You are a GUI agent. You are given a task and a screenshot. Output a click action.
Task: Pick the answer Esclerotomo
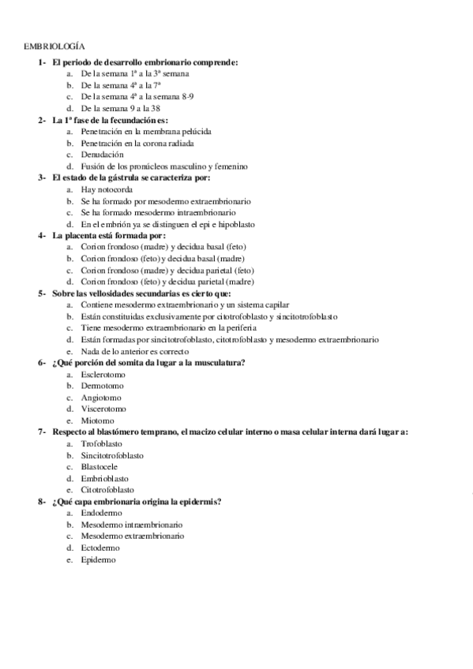pos(103,374)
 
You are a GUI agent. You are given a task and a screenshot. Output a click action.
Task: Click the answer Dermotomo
pos(101,386)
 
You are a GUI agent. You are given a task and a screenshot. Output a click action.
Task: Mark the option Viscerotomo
pos(103,409)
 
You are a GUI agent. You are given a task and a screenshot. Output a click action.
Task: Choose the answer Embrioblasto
pos(104,478)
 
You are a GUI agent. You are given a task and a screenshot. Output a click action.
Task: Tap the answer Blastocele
pos(100,467)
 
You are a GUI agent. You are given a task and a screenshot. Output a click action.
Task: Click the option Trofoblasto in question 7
pos(101,444)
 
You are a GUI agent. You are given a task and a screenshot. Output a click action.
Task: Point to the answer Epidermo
pos(98,559)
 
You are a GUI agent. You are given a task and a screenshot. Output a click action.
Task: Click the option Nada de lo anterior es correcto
pos(135,351)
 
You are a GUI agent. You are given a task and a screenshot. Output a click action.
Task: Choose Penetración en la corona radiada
pos(137,143)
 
